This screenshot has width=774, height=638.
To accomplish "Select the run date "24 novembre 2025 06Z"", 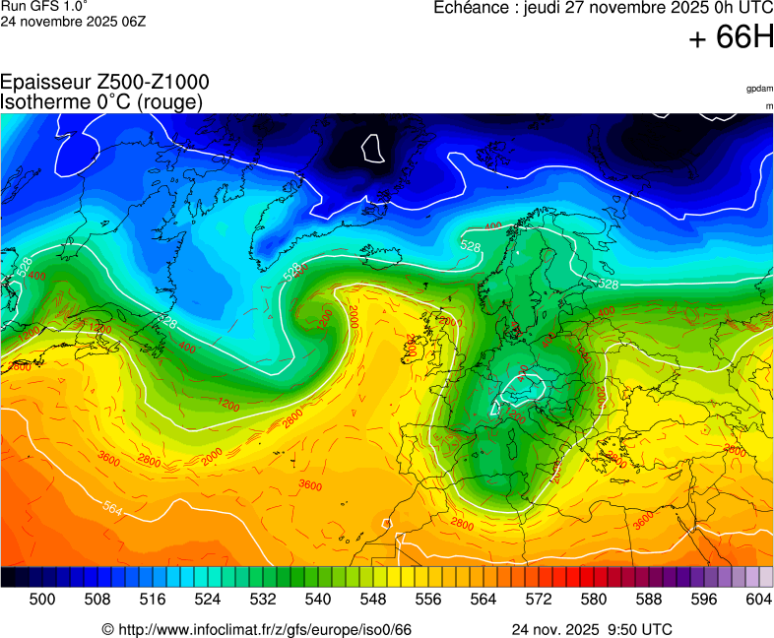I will [x=74, y=21].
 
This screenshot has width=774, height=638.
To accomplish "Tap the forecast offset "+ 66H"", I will [x=732, y=37].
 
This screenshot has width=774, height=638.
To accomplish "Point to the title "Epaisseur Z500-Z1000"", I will [x=104, y=83].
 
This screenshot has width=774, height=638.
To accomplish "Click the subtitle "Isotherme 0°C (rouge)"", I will [x=101, y=101].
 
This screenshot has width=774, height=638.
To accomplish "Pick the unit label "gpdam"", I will [x=759, y=89].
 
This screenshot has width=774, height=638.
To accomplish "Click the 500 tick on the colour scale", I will [x=42, y=599].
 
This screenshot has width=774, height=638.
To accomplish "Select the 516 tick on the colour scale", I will [x=153, y=599].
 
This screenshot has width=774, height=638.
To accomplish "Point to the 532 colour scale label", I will [x=263, y=599].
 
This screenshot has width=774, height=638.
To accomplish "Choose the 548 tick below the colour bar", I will [x=373, y=599].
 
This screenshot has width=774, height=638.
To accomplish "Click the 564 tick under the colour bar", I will [x=484, y=599].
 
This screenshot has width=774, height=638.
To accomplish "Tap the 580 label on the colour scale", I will [x=594, y=599].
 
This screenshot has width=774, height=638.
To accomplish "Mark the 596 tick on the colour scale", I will [x=704, y=599].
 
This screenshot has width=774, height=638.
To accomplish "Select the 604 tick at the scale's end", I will [x=758, y=599].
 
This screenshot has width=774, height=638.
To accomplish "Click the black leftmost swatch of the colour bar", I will [x=8, y=578].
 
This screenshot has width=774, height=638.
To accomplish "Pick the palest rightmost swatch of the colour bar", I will [x=766, y=578].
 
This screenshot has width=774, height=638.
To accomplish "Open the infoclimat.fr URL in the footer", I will [x=257, y=629].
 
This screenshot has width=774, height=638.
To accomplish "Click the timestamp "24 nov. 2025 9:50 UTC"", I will [x=592, y=629].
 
